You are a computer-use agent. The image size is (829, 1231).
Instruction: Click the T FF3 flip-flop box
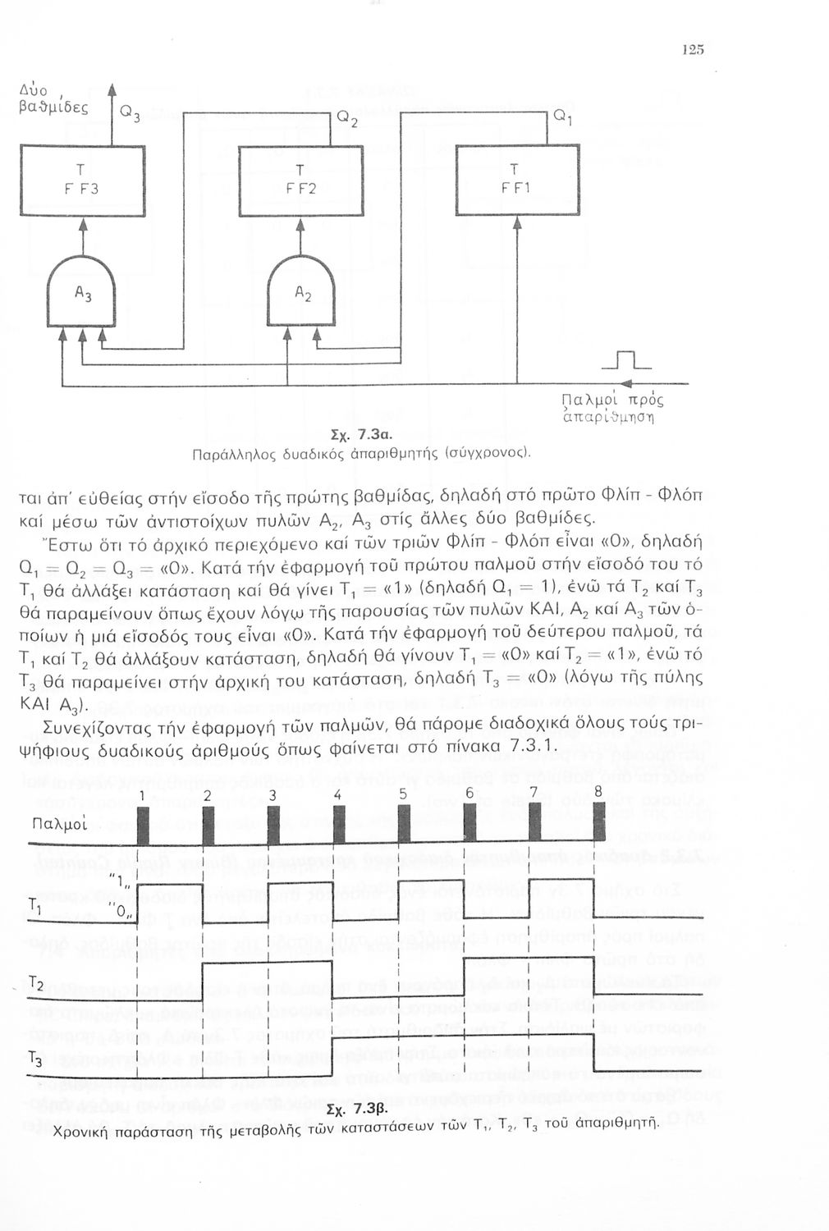[x=82, y=180]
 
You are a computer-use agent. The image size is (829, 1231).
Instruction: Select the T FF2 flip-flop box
[x=299, y=180]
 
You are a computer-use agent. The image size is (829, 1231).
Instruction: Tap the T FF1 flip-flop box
[x=517, y=180]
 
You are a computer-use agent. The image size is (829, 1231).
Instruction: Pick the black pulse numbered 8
[x=598, y=822]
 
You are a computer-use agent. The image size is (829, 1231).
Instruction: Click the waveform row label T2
[x=37, y=984]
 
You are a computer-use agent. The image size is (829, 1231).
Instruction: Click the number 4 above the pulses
[x=337, y=795]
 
